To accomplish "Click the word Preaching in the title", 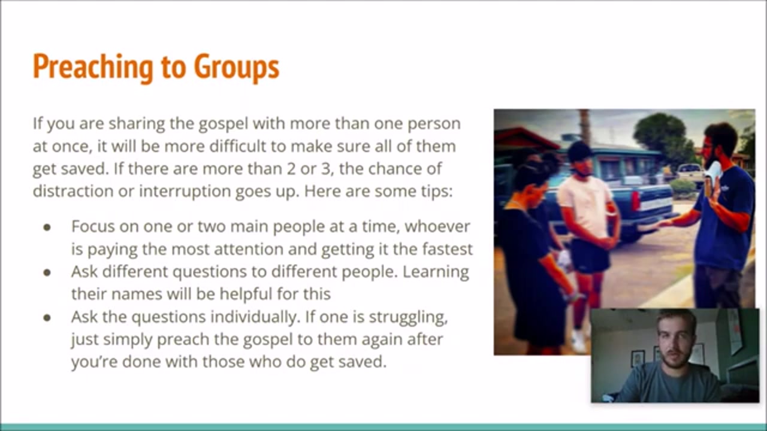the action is click(x=93, y=67).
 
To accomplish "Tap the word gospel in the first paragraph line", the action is click(x=224, y=125).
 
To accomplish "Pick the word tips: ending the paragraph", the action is click(x=437, y=192).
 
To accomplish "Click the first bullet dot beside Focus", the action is click(x=47, y=227).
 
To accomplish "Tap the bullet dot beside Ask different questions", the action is click(x=47, y=272).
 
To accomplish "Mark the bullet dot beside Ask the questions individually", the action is click(x=47, y=318).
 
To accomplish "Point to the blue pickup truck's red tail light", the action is click(x=635, y=202).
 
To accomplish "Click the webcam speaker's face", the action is click(x=675, y=342).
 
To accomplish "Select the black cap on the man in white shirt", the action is click(x=579, y=150).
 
